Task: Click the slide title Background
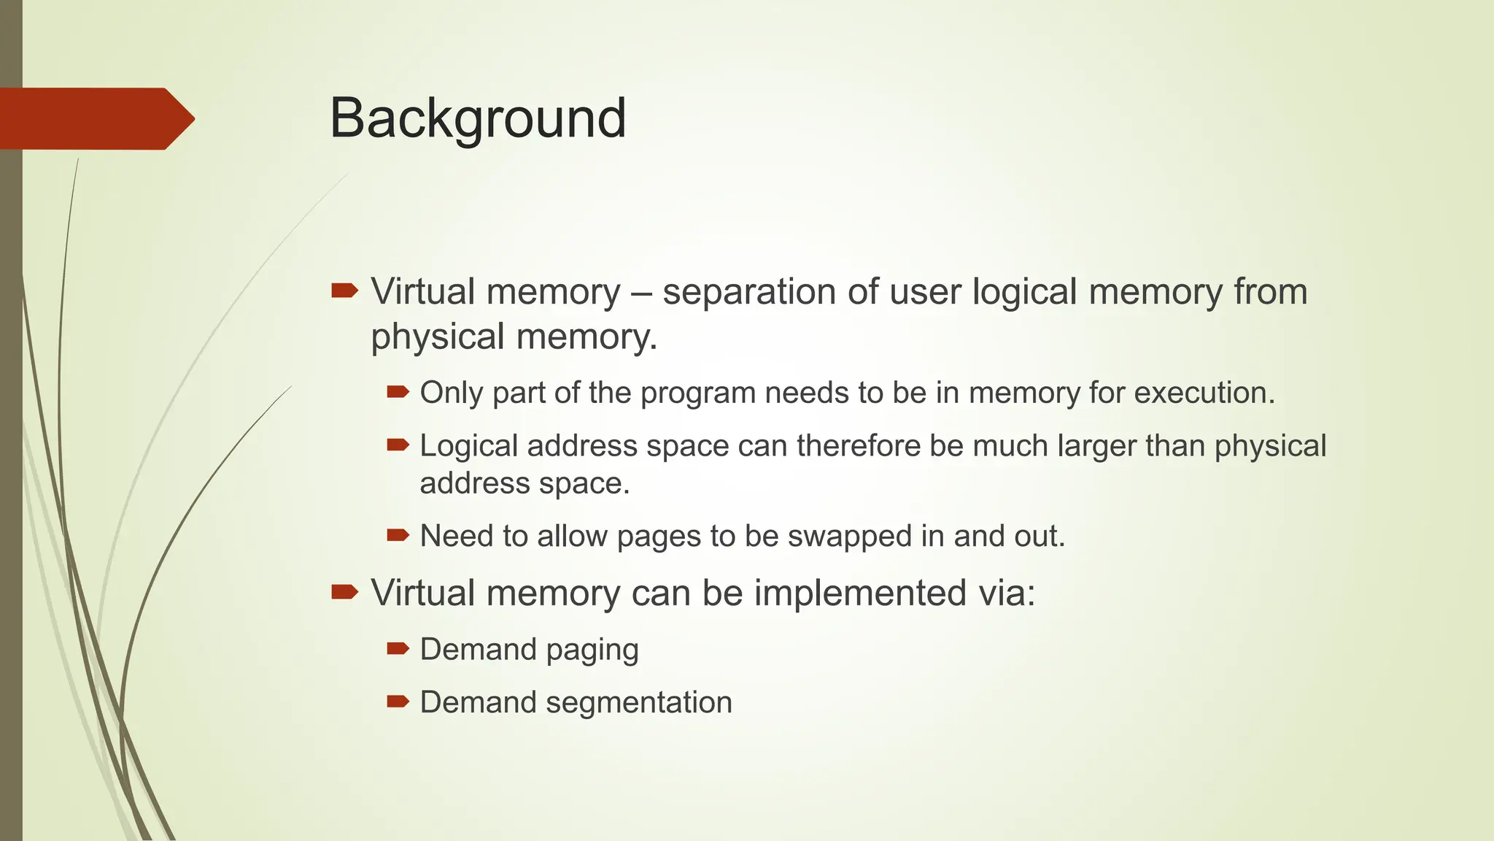[x=478, y=118]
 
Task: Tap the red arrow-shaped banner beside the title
[x=95, y=118]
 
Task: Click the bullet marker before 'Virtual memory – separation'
[x=344, y=292]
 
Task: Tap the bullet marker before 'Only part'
[x=398, y=393]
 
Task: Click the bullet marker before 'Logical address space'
[x=398, y=445]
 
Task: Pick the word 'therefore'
[x=859, y=446]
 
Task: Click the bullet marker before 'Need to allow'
[x=398, y=536]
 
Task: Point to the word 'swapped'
[x=850, y=537]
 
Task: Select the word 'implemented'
[x=860, y=593]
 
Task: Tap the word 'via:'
[x=1007, y=593]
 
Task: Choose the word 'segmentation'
[x=638, y=703]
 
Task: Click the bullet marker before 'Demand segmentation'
[x=398, y=702]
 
